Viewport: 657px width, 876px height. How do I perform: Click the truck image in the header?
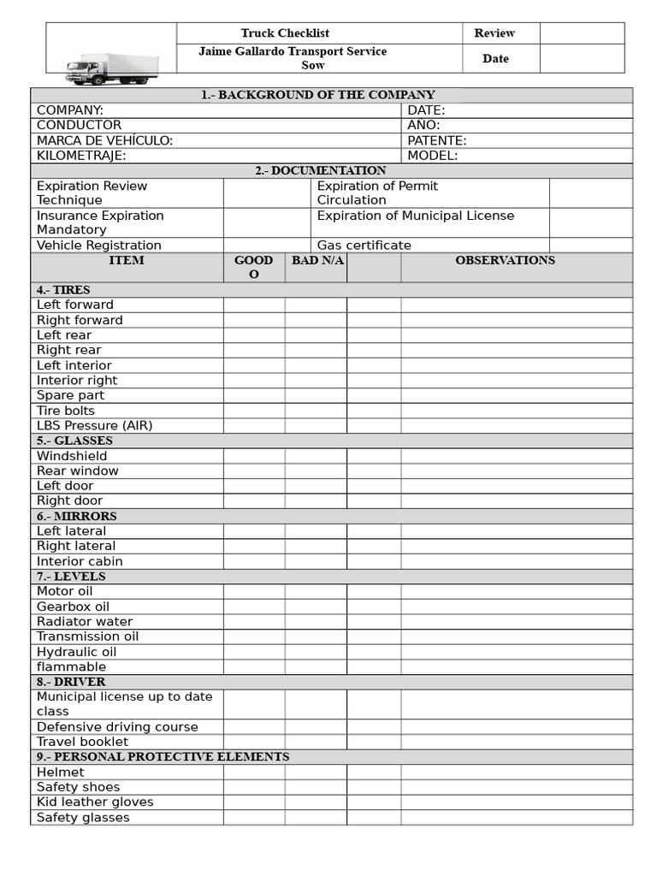pos(112,68)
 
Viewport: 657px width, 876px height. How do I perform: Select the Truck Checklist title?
pos(285,33)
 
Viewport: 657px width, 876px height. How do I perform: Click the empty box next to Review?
pos(582,33)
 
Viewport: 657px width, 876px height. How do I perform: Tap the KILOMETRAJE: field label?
pos(81,156)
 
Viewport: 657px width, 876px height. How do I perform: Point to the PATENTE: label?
pos(436,140)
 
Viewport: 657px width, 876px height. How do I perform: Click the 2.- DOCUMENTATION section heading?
pos(321,171)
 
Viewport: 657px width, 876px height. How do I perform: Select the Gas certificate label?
pos(364,245)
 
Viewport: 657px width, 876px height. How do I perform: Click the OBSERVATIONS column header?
pos(505,260)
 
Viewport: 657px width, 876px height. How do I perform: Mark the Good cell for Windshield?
pos(254,456)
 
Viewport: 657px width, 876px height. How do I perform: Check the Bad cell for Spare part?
pos(316,395)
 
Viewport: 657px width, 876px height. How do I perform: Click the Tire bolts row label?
pos(66,411)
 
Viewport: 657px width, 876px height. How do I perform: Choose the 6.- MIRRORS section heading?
pos(76,516)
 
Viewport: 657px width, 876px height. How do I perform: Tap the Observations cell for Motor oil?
pos(516,591)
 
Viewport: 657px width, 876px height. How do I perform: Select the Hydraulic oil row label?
pos(76,652)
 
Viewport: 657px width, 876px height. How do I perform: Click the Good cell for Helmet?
pos(254,772)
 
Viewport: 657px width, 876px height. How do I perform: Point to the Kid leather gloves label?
pos(95,802)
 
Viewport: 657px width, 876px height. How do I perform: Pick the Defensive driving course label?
pos(117,727)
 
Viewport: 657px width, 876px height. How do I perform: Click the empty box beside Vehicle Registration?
pos(267,245)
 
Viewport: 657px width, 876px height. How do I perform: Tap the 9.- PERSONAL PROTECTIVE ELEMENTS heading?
pos(163,757)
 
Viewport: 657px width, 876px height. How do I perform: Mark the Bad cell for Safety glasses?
pos(316,818)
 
